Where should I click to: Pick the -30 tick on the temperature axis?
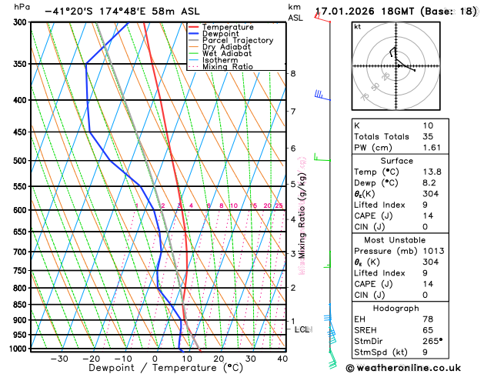59,358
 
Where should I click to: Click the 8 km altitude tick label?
292,74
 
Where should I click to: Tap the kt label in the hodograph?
357,27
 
